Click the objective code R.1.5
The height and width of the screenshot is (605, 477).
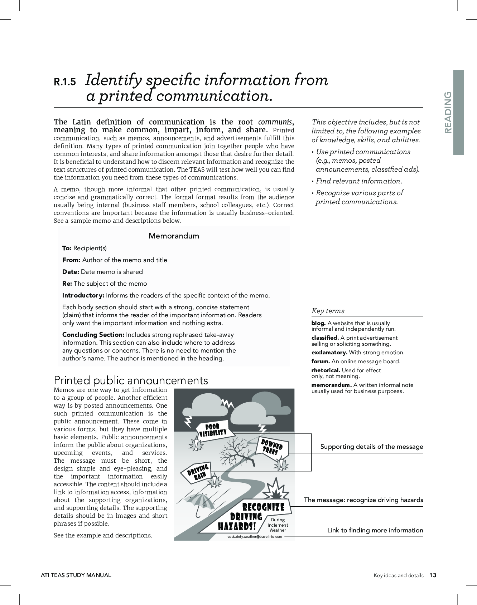[x=65, y=82]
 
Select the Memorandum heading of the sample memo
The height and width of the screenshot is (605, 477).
[x=174, y=236]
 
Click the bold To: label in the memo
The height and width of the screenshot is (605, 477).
[x=67, y=248]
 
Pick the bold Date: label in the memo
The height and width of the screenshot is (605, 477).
[x=71, y=272]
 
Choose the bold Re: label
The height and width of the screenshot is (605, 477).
[x=67, y=284]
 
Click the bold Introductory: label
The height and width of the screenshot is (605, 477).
[x=83, y=295]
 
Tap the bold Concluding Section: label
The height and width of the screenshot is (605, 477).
[x=93, y=335]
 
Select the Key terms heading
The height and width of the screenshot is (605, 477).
[x=328, y=311]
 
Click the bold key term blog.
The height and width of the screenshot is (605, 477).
[x=318, y=323]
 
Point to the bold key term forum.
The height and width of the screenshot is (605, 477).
[x=321, y=361]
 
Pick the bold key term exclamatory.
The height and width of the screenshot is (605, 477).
[x=329, y=353]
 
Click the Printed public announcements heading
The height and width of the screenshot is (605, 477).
[x=131, y=380]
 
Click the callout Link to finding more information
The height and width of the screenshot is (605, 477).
[x=375, y=530]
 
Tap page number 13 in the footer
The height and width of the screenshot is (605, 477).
[x=433, y=575]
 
